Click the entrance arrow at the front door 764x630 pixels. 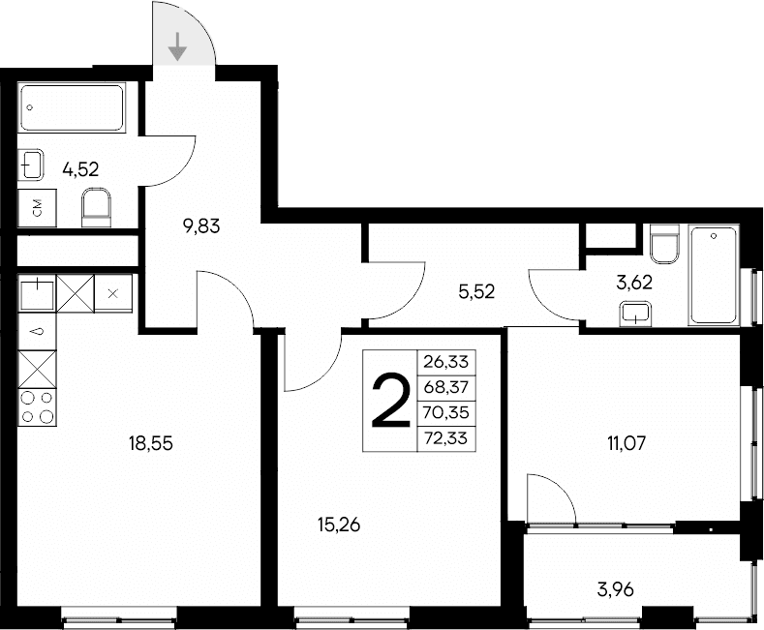(x=178, y=45)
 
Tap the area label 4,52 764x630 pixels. (x=81, y=170)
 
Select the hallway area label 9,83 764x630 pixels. (x=202, y=227)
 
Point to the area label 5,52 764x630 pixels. (x=476, y=290)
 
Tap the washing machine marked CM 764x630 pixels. (x=37, y=207)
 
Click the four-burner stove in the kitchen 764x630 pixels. (x=37, y=406)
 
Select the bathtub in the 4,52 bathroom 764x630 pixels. (x=73, y=108)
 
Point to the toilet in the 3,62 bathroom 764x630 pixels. (x=664, y=246)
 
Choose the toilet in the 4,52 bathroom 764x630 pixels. (x=97, y=206)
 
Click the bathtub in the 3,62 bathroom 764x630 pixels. (x=714, y=275)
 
